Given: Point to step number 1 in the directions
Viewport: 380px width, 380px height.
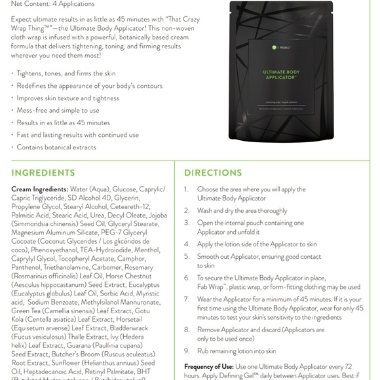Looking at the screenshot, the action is tap(187, 189).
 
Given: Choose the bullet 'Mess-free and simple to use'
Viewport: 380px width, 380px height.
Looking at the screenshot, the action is tap(58, 110).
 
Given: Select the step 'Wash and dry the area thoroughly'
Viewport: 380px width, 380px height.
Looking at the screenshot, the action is tap(242, 210).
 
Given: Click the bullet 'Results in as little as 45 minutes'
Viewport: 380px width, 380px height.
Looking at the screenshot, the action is tap(63, 123).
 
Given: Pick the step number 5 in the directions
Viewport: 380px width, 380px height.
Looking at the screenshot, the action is tap(187, 256).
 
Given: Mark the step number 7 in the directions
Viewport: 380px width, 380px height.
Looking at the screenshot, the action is tap(187, 299).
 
